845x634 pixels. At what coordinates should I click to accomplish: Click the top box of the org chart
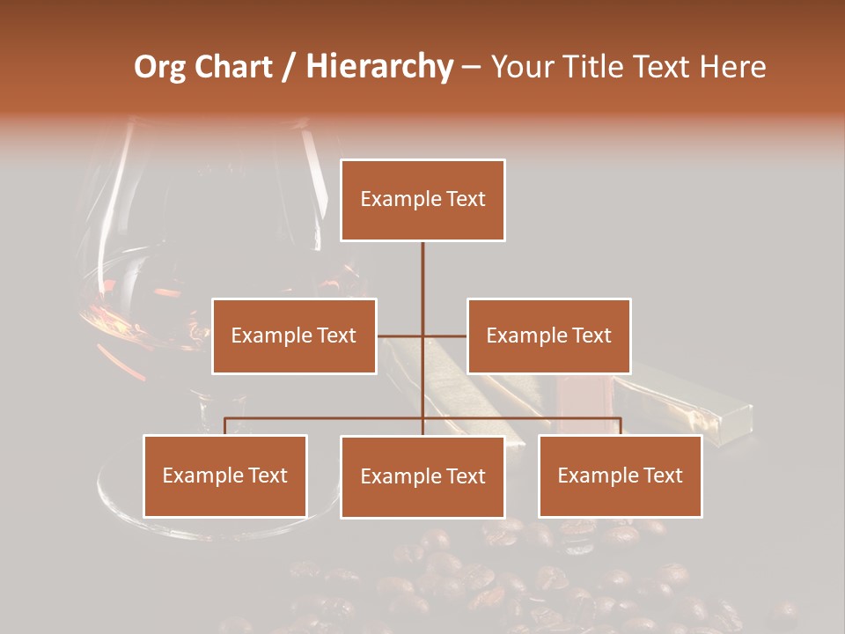point(422,200)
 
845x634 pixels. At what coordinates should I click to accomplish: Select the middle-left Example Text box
point(294,335)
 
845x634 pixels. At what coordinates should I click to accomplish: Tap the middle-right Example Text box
point(549,335)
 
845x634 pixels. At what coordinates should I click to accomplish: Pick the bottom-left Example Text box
point(225,475)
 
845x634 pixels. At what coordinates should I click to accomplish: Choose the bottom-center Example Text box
point(422,476)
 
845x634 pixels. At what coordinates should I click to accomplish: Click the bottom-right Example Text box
point(621,475)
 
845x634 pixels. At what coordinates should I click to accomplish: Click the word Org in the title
point(160,67)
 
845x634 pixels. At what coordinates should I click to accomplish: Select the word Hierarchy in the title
point(378,67)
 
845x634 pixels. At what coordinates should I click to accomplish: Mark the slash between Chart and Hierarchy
point(289,67)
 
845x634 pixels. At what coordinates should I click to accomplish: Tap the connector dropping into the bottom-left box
point(225,426)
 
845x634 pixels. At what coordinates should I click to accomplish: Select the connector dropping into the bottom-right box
point(621,426)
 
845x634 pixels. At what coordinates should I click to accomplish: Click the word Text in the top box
point(465,199)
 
